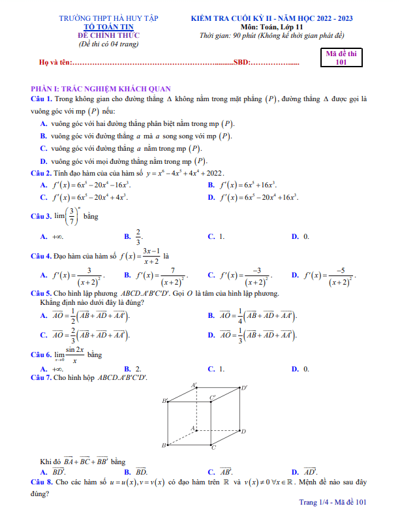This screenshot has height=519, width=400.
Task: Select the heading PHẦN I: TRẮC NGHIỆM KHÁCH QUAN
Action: [x=100, y=88]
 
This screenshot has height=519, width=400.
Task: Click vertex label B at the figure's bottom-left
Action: [x=164, y=445]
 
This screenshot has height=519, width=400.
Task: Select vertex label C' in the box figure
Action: [x=212, y=397]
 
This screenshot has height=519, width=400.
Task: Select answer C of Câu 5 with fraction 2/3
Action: [x=85, y=336]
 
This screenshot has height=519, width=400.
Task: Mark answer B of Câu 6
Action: [x=132, y=369]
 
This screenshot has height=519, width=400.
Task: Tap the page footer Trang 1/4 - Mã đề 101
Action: [x=333, y=502]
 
